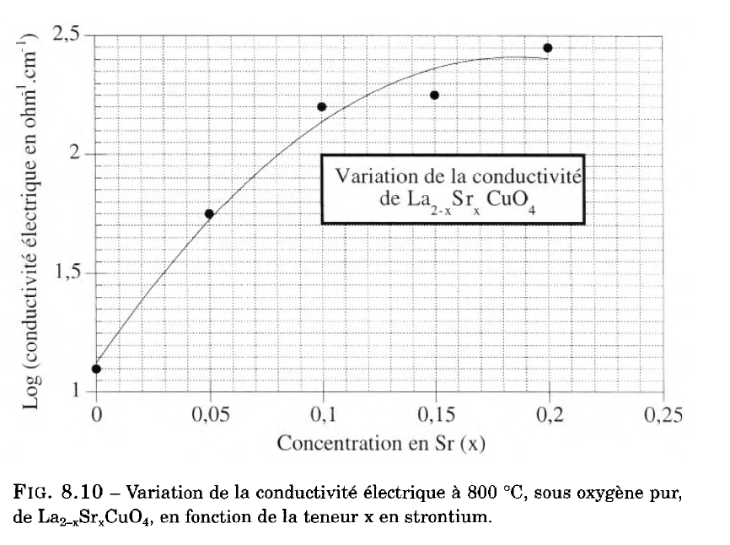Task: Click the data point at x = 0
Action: pos(96,369)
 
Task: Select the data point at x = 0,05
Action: pos(209,213)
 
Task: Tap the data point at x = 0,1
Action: pos(321,106)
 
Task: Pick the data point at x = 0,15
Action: pos(434,94)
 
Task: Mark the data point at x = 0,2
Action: pos(547,48)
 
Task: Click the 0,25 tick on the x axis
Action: pos(659,415)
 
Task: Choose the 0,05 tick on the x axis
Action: pos(209,415)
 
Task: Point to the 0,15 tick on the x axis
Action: pos(434,415)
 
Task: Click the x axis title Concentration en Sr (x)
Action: pos(382,443)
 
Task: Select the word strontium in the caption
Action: pos(447,514)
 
